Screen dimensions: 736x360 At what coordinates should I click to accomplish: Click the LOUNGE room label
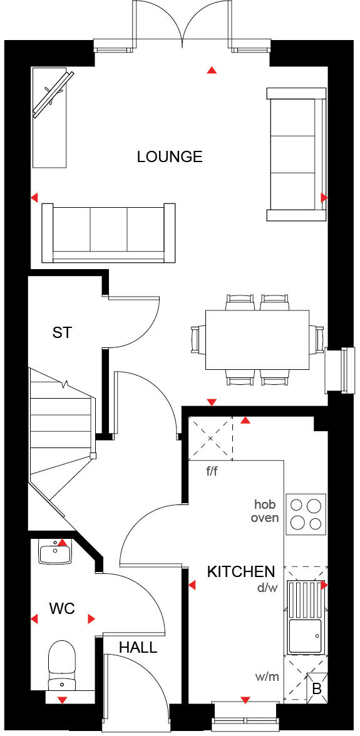click(170, 156)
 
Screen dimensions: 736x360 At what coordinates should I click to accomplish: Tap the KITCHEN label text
click(241, 571)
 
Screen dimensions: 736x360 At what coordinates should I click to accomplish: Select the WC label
click(63, 608)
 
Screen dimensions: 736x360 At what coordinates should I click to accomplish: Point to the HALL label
click(139, 648)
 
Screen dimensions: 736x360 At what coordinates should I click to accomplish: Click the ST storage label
click(62, 332)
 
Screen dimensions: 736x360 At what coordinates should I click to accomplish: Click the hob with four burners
click(306, 514)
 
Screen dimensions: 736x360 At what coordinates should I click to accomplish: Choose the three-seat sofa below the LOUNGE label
click(108, 232)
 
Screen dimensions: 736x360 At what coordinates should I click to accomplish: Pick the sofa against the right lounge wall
click(296, 154)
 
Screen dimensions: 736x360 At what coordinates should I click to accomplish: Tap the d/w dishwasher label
click(266, 588)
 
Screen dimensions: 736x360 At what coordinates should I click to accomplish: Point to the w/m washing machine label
click(266, 677)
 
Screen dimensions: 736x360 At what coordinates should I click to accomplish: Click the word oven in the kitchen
click(265, 518)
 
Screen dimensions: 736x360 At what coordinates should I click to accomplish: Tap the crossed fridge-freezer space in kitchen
click(210, 439)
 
